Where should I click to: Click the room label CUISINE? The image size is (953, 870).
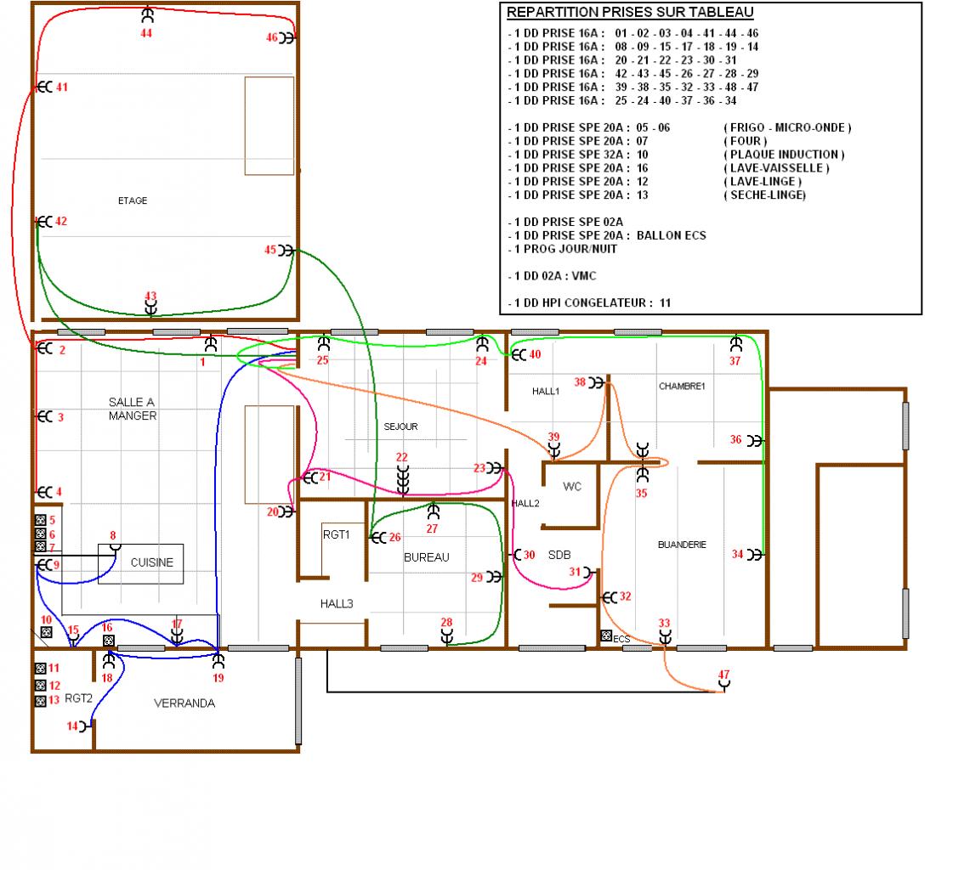click(x=152, y=562)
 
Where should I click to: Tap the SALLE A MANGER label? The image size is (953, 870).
click(x=133, y=409)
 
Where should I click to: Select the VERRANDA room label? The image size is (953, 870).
click(x=184, y=703)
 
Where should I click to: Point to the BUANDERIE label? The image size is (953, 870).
click(x=682, y=545)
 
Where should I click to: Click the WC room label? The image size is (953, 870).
click(x=572, y=487)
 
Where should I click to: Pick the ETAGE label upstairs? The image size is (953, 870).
click(x=133, y=201)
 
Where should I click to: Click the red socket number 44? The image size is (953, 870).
click(x=146, y=33)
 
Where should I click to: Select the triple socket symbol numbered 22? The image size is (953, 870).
click(x=402, y=480)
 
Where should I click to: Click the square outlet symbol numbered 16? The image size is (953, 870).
click(x=109, y=641)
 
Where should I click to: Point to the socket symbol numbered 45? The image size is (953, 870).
click(x=286, y=251)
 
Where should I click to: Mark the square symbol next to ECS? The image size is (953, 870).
click(x=606, y=636)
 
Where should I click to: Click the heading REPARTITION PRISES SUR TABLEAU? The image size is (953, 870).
click(x=630, y=12)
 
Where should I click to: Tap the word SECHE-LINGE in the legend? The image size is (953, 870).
click(x=768, y=195)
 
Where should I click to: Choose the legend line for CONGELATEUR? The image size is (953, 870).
click(x=589, y=302)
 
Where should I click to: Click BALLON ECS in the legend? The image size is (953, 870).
click(x=671, y=235)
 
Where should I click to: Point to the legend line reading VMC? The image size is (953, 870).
click(x=552, y=276)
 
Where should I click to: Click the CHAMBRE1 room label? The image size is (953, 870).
click(x=682, y=387)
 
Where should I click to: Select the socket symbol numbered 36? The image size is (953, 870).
click(x=754, y=440)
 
